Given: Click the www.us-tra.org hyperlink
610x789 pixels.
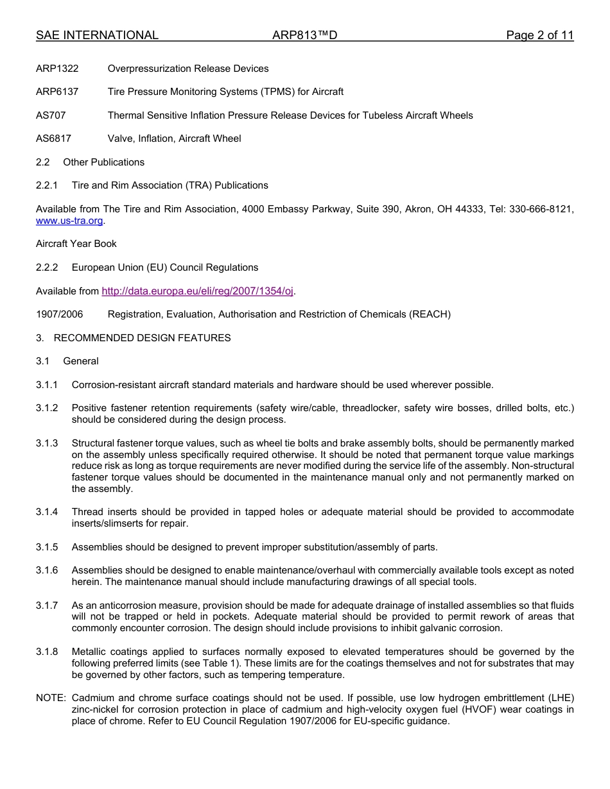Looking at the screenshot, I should (69, 221).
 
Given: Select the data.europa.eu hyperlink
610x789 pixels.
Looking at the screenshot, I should (197, 291).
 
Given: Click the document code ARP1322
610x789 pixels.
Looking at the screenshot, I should (57, 69).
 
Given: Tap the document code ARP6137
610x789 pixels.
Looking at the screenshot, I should (57, 92).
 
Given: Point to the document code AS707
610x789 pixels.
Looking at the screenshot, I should (51, 115).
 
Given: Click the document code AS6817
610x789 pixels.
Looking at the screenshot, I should (53, 139).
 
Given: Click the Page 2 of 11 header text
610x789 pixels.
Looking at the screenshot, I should (539, 36).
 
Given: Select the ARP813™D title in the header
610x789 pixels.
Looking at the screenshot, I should (304, 36).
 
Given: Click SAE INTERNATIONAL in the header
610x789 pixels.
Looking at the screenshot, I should (97, 36).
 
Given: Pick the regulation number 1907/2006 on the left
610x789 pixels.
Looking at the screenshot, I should (59, 314).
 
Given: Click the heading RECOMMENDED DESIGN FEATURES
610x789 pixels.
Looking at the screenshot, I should (142, 338).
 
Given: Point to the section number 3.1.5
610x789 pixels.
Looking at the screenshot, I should (47, 547).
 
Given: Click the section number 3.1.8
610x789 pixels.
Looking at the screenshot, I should (47, 652).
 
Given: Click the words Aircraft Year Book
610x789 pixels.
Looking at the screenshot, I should (76, 244).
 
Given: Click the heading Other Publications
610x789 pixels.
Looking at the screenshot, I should (103, 162).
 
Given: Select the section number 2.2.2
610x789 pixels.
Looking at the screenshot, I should (47, 267).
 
